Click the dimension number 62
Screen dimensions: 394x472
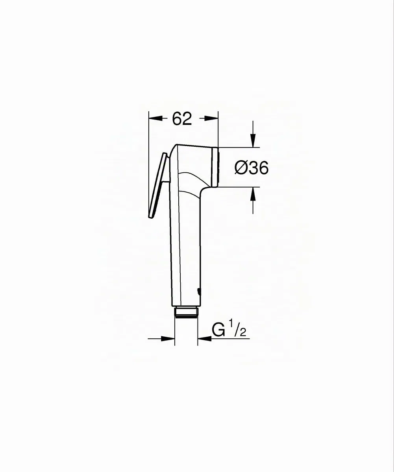[x=182, y=118]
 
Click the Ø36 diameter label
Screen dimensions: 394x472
[x=252, y=168]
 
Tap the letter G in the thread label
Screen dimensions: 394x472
[x=218, y=330]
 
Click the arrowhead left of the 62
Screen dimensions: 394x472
[x=155, y=118]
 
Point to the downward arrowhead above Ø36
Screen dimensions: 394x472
[x=253, y=140]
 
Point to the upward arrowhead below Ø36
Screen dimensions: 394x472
[x=253, y=194]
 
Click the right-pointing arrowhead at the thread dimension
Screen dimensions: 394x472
[x=168, y=345]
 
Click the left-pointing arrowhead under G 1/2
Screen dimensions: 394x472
[x=204, y=345]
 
